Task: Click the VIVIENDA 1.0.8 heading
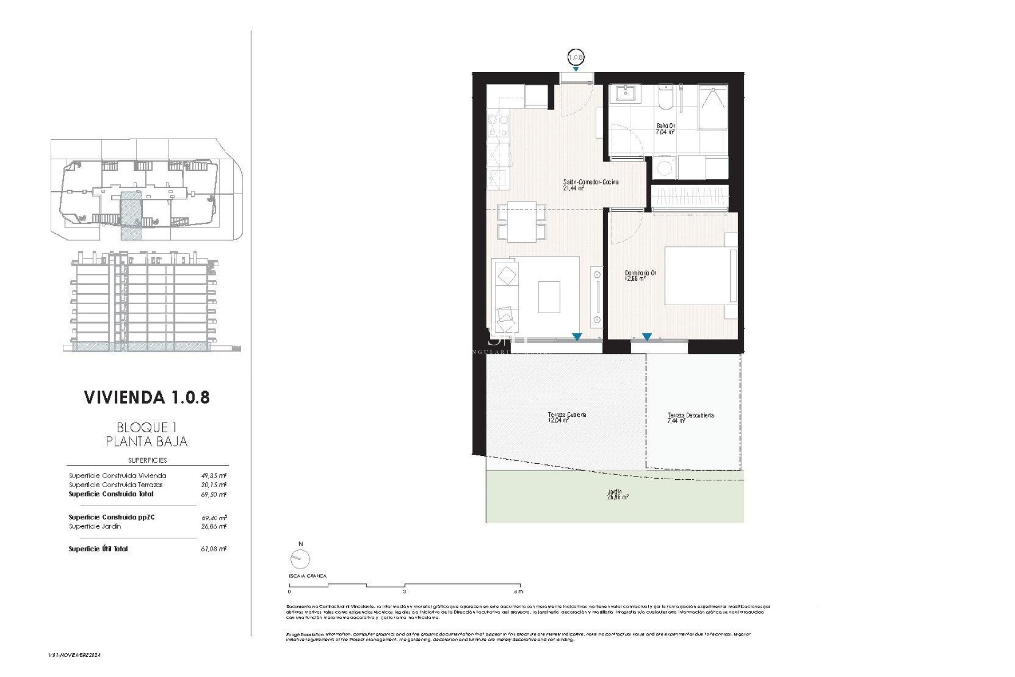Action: (147, 397)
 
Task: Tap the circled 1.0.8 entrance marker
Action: (575, 57)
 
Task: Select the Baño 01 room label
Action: (666, 129)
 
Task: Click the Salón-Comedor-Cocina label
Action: (590, 185)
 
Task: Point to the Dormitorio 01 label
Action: (640, 276)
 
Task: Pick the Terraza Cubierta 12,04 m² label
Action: (567, 418)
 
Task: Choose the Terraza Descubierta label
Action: (690, 418)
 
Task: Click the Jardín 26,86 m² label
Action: (617, 494)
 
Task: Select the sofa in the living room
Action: (506, 295)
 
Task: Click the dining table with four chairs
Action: (522, 222)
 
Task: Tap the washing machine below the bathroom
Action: (664, 168)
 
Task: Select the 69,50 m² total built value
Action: (214, 495)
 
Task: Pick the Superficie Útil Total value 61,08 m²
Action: (214, 549)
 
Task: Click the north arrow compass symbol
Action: (300, 559)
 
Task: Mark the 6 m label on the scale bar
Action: (519, 592)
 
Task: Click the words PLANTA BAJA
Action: (146, 441)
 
